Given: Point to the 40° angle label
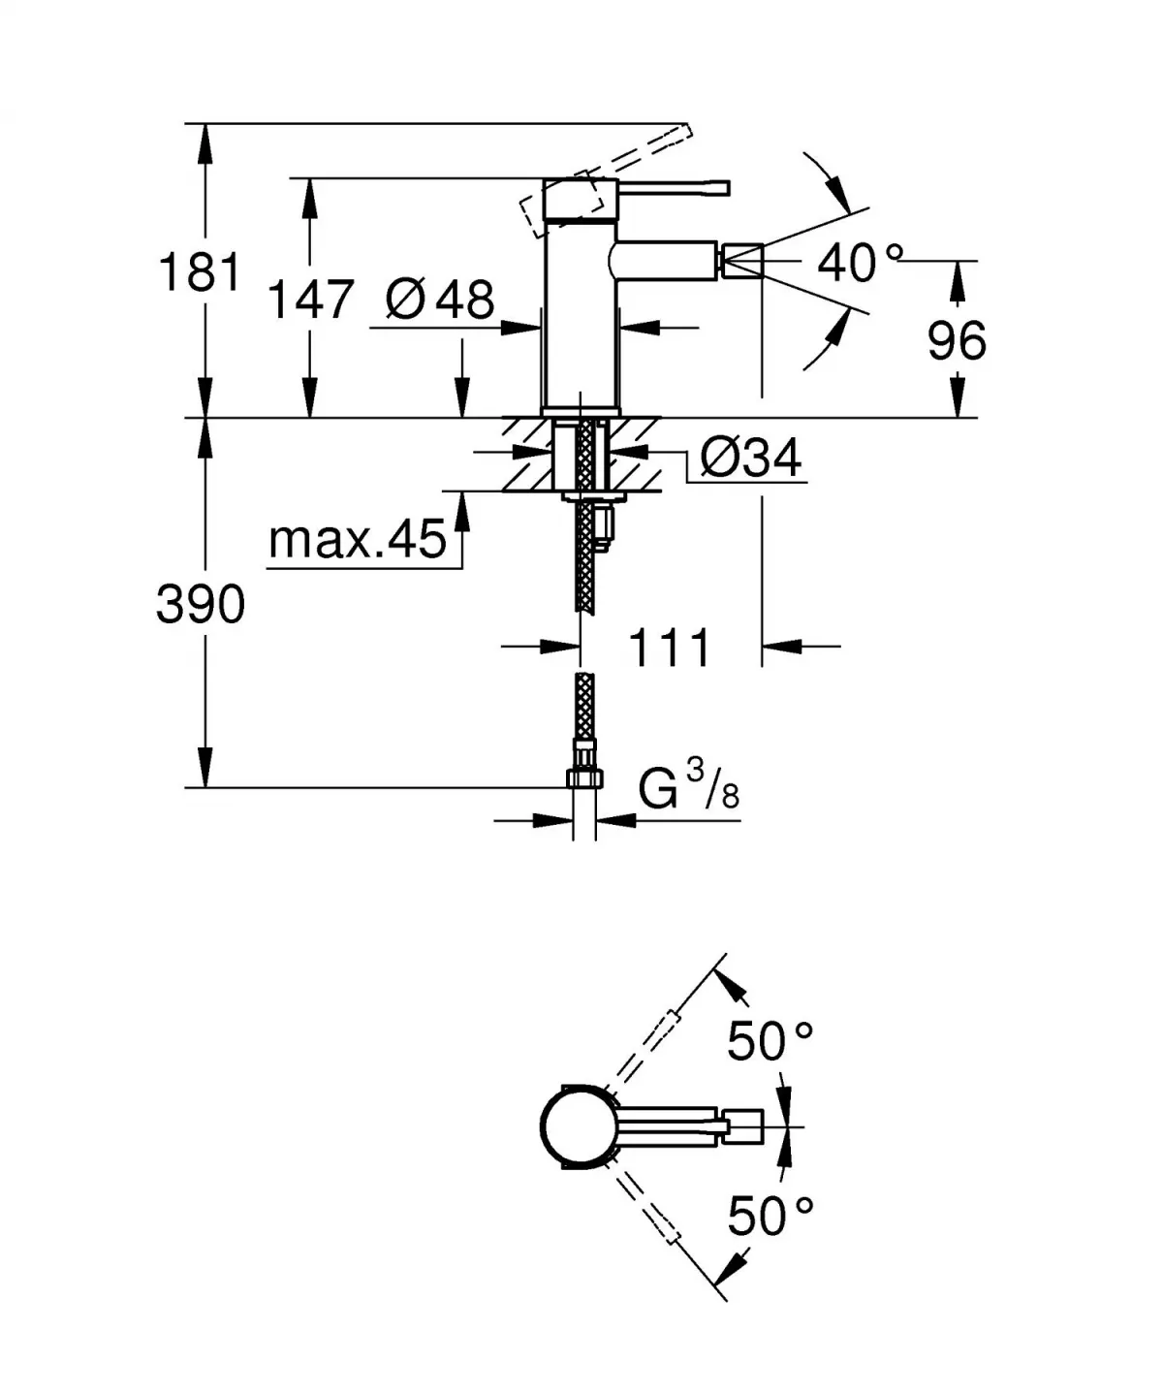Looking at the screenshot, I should [x=859, y=262].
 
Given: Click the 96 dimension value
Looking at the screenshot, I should [x=957, y=340].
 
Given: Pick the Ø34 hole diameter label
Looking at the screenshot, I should [x=749, y=457].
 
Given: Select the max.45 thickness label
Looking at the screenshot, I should [x=358, y=539].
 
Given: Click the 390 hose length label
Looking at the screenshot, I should [x=201, y=606].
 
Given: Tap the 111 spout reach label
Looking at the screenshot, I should [x=670, y=648].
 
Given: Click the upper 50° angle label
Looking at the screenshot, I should [x=770, y=1041].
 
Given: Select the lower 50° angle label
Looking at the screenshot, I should [x=770, y=1216].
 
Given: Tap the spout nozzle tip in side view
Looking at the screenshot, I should [x=740, y=262].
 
